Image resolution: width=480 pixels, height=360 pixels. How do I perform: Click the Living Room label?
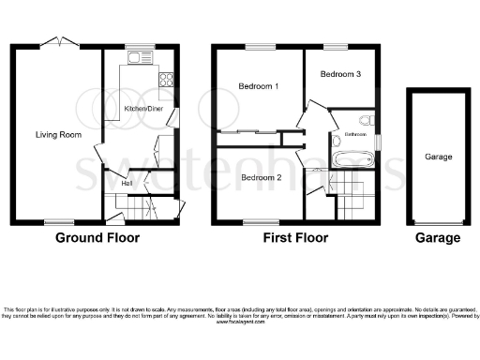(x=59, y=135)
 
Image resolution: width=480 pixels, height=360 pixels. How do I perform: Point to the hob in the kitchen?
(x=167, y=80)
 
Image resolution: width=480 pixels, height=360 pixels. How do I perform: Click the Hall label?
(x=125, y=184)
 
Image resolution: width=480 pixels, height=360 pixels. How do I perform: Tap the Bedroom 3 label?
(x=340, y=74)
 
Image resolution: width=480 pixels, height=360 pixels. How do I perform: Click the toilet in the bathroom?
(x=367, y=120)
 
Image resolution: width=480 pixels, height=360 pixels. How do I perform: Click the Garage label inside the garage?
(x=439, y=157)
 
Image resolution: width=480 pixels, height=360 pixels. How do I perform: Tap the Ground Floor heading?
(x=98, y=238)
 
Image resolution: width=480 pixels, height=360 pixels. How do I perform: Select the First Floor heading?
(x=296, y=238)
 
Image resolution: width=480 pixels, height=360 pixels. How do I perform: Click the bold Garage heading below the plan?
(x=439, y=238)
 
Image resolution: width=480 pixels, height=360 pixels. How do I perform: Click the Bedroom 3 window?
(x=335, y=47)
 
